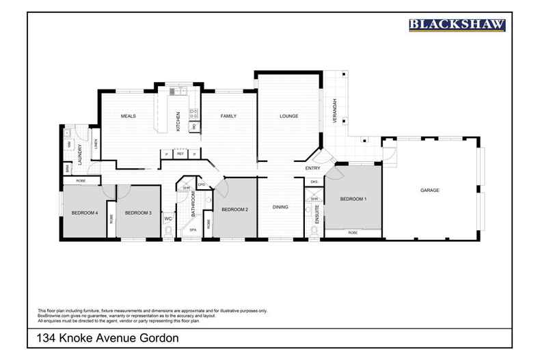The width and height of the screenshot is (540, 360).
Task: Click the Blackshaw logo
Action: click(x=457, y=25)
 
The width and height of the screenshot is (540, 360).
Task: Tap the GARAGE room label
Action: click(x=429, y=190)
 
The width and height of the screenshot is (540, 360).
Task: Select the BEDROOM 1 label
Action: click(x=353, y=199)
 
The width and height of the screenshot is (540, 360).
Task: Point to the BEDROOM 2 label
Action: click(x=234, y=209)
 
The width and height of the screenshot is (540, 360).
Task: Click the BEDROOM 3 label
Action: click(x=138, y=213)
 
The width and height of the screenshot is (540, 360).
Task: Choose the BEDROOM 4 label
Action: click(x=85, y=213)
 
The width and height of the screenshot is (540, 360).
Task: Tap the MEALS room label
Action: click(x=129, y=116)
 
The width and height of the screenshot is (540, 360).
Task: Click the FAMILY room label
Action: click(x=228, y=116)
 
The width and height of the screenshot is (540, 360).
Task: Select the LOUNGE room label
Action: click(x=288, y=116)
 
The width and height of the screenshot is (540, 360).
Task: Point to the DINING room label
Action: click(x=280, y=206)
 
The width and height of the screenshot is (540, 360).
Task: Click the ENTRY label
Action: click(x=312, y=168)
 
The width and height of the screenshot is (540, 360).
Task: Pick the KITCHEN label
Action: click(x=178, y=121)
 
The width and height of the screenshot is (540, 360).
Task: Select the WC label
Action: click(x=167, y=219)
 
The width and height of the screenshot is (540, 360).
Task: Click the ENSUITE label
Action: click(x=317, y=214)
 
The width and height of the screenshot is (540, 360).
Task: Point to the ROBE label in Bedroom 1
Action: click(x=353, y=233)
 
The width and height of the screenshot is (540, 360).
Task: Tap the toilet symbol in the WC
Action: click(x=168, y=232)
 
